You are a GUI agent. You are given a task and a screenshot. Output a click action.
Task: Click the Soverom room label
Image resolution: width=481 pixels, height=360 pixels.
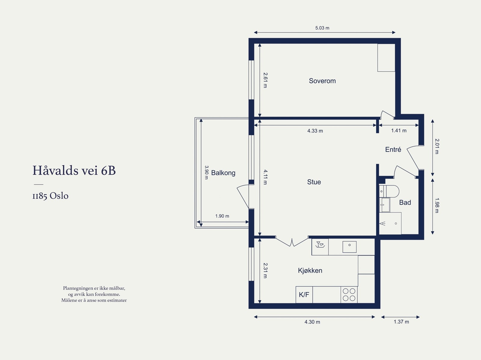coord(322,81)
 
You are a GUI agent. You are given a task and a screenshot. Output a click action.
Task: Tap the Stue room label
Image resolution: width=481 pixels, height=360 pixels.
coord(314,182)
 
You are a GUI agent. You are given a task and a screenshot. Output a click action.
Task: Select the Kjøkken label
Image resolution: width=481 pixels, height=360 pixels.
coord(310,270)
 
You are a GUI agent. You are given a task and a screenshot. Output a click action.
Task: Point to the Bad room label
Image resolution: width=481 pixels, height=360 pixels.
coord(405,203)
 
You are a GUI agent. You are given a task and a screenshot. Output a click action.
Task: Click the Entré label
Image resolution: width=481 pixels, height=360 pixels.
coord(393,149)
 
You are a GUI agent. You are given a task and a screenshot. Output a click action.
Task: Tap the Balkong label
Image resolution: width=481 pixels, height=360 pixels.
coord(223,173)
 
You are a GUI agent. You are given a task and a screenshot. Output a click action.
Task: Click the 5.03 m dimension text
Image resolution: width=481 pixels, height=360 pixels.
coord(322,28)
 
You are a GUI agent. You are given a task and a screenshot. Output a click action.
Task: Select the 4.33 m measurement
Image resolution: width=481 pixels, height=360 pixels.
coord(315,131)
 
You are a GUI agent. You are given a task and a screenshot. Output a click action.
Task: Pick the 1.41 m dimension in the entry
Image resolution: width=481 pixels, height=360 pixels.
coord(399,130)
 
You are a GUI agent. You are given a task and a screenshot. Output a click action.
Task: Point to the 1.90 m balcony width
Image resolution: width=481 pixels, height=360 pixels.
coord(222,216)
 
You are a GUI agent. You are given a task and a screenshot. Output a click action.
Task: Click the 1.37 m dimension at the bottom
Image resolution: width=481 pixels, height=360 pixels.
coord(401,322)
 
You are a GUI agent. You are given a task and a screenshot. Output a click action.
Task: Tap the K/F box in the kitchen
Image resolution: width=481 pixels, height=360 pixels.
coord(304,294)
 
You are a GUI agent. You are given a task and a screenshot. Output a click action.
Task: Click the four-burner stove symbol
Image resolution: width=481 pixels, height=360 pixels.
coord(349,294)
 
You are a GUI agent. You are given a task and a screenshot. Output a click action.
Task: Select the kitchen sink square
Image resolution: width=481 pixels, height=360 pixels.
coord(349,247)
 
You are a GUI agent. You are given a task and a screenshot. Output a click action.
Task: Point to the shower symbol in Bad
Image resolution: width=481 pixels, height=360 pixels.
coord(390,223)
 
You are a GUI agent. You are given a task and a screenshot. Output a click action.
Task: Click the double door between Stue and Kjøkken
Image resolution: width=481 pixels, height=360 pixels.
coord(292,242)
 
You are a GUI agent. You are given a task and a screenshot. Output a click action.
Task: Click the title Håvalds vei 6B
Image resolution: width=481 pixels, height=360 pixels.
coord(74,170)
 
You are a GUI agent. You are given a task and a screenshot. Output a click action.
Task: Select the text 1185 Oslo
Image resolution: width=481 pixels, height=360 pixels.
coord(51,196)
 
